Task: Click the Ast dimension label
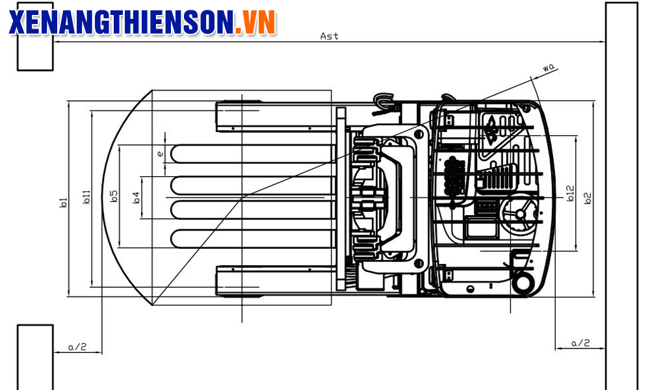point(329,36)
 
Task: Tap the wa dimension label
point(548,68)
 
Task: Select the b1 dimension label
point(63,203)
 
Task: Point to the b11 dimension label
point(86,197)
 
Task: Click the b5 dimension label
point(114,196)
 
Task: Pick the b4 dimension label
point(136,198)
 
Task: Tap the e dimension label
point(160,154)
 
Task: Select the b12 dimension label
point(571,194)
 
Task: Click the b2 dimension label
point(588,198)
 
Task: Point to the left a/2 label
point(77,347)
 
